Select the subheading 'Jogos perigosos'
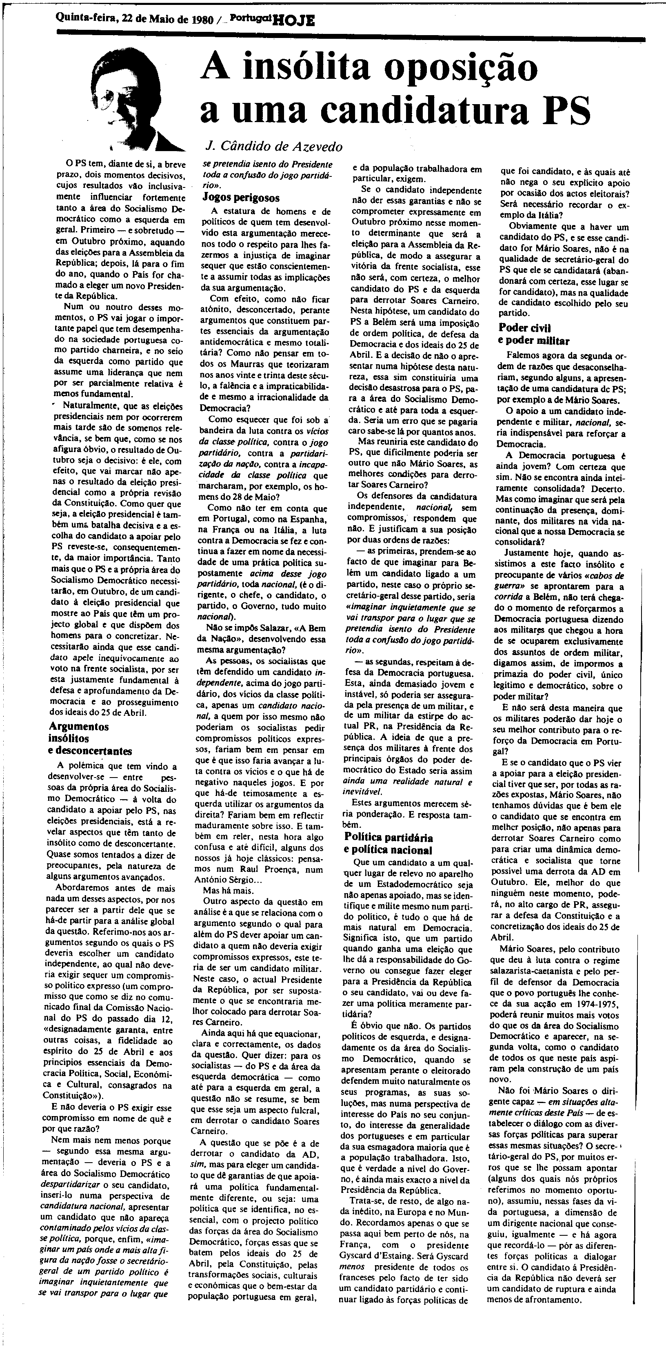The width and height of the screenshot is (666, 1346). click(x=241, y=198)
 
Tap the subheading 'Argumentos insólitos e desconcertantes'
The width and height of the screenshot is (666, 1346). click(x=90, y=739)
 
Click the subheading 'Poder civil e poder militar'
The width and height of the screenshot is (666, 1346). click(x=534, y=334)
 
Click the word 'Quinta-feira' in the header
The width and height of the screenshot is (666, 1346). click(x=85, y=19)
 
